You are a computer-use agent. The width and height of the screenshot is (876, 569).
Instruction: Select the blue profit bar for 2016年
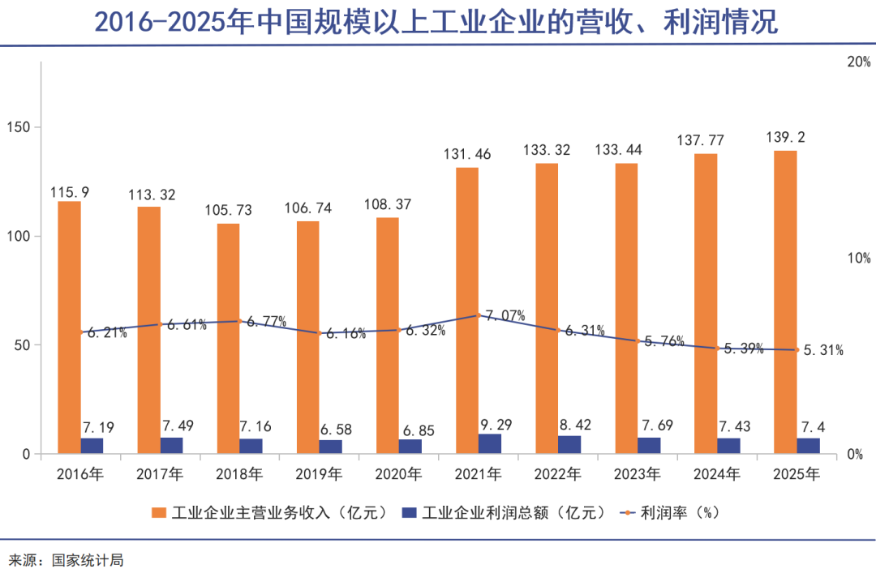coord(92,446)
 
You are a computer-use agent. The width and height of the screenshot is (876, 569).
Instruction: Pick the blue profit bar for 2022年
coord(569,444)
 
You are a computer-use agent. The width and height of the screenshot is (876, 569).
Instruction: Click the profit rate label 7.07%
coord(505,315)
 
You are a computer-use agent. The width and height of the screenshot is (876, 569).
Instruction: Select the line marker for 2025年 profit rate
coord(797,350)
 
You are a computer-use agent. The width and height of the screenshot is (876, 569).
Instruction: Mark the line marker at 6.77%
coord(239,321)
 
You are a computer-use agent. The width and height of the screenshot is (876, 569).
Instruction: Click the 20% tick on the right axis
coord(858,62)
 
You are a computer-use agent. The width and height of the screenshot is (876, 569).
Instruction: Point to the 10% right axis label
coord(858,259)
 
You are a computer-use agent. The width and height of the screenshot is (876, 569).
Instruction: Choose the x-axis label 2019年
coord(319,474)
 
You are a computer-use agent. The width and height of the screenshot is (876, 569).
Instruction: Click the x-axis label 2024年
coord(717,474)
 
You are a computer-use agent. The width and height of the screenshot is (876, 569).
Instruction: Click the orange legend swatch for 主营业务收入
coord(159,512)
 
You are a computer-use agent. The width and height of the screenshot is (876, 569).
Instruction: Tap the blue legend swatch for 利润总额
coord(410,512)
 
